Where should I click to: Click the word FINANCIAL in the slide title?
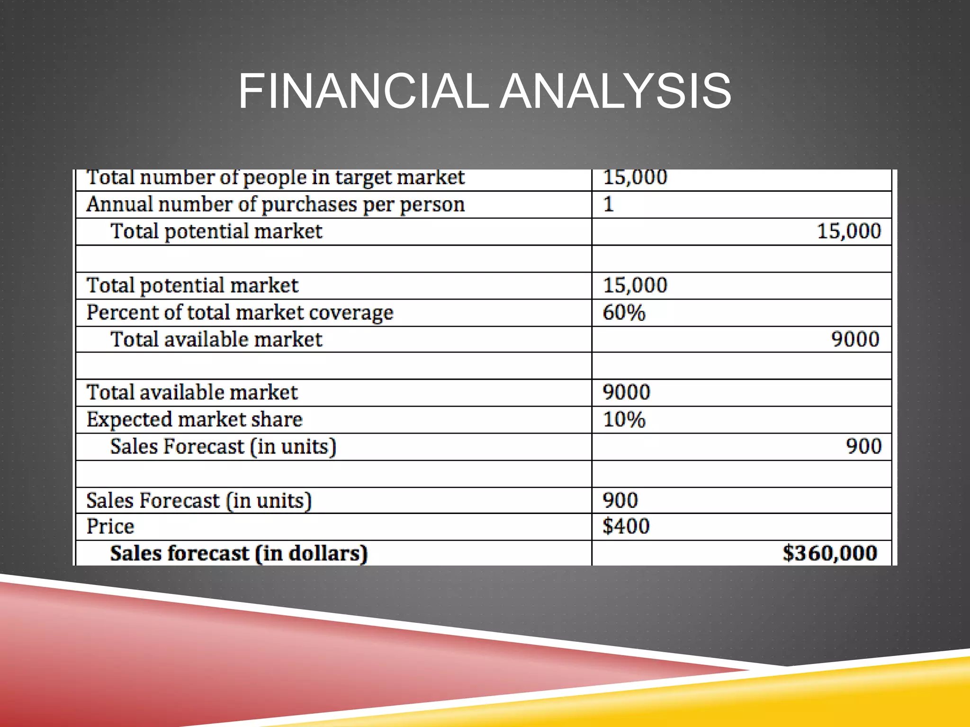point(363,91)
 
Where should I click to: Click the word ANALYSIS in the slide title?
point(616,91)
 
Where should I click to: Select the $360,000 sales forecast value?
point(830,553)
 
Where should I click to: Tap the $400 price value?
point(626,526)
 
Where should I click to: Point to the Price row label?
point(110,526)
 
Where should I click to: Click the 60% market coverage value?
point(624,313)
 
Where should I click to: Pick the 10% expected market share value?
point(624,420)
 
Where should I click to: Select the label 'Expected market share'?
point(194,420)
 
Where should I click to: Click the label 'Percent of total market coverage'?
point(240,313)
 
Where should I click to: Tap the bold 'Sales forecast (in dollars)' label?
point(239,553)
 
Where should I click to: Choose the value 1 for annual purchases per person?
point(609,204)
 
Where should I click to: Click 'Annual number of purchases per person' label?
point(275,204)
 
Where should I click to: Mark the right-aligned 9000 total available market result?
point(855,339)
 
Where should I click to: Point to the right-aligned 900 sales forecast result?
point(863,446)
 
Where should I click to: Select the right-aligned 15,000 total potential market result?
point(849,231)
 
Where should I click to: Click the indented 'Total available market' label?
point(216,339)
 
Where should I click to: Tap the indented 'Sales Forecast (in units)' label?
point(223,447)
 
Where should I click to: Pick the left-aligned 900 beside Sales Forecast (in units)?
point(620,500)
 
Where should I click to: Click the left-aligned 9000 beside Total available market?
point(626,392)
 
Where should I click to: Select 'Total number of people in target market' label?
point(275,178)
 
